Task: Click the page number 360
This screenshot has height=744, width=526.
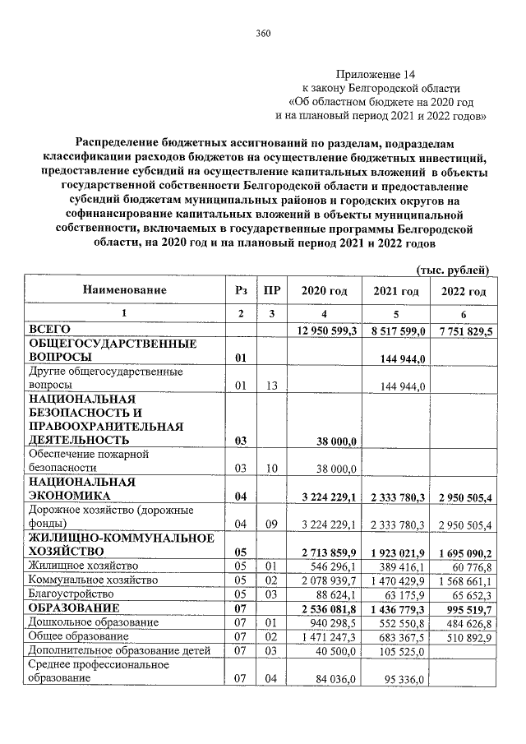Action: [263, 33]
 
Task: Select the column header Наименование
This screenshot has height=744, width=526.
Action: [124, 290]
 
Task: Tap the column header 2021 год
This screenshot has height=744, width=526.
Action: [396, 292]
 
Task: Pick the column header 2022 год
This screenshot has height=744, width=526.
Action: [464, 292]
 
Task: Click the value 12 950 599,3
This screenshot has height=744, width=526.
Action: [325, 330]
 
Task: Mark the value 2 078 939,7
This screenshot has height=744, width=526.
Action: [326, 580]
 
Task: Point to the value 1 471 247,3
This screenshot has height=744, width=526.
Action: [326, 637]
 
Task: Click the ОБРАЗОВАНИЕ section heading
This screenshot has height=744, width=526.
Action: [74, 608]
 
